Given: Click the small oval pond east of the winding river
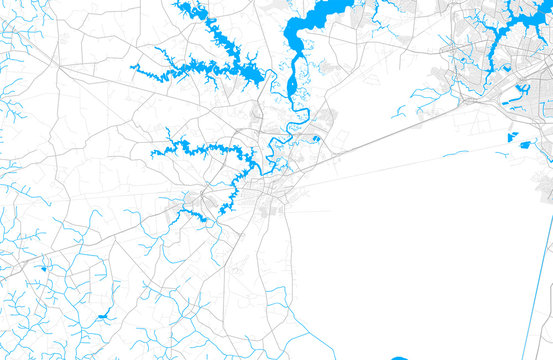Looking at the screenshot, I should pyautogui.click(x=316, y=139).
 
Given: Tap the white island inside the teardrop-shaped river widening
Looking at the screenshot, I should pyautogui.click(x=292, y=83).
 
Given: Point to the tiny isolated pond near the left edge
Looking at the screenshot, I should pyautogui.click(x=43, y=267).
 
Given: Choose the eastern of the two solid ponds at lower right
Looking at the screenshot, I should pyautogui.click(x=527, y=140).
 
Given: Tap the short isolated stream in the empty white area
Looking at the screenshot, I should pyautogui.click(x=455, y=153).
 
